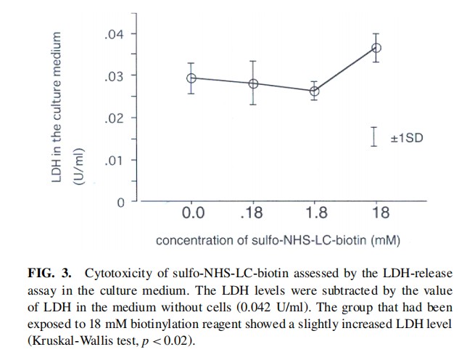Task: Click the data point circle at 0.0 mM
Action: (x=191, y=78)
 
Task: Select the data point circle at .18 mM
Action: (x=253, y=83)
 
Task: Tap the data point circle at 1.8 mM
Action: (x=314, y=91)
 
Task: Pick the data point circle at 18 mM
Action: (x=376, y=48)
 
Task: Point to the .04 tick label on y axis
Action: (x=114, y=34)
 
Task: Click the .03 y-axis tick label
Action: (x=114, y=76)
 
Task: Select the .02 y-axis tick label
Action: (x=114, y=118)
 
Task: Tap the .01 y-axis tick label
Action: (x=114, y=160)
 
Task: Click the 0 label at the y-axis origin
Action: (x=122, y=201)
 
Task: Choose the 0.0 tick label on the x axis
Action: (x=192, y=213)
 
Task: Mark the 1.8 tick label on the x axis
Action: (x=314, y=213)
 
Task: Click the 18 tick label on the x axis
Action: (x=376, y=213)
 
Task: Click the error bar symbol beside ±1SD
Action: (x=373, y=136)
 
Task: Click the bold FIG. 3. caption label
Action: (x=50, y=274)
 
